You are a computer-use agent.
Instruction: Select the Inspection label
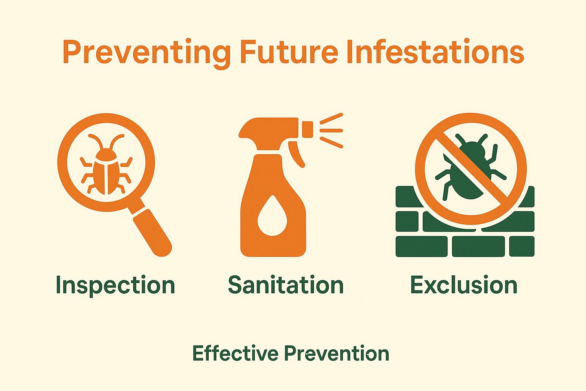click(x=115, y=285)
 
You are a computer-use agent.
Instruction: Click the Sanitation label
click(x=286, y=285)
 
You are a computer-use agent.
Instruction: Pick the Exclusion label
click(x=464, y=285)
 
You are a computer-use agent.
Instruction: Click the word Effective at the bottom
click(x=235, y=353)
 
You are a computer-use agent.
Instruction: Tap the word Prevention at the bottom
click(x=336, y=353)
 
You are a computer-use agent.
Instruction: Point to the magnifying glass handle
click(x=153, y=233)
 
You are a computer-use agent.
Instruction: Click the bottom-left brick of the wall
click(x=421, y=246)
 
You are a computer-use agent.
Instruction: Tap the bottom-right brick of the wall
click(x=522, y=246)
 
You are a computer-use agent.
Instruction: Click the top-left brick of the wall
click(x=407, y=196)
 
